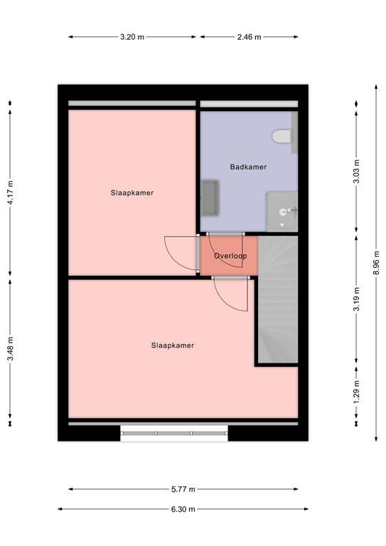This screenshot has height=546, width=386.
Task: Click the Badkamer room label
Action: tap(248, 167)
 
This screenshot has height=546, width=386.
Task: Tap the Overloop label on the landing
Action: tap(230, 256)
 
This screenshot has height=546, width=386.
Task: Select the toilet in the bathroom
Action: tap(282, 136)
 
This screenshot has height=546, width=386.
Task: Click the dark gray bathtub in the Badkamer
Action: tap(210, 198)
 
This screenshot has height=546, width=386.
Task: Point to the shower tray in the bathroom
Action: tap(282, 211)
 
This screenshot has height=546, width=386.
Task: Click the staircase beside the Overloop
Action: tap(278, 299)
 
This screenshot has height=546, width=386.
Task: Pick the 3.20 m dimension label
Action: tap(132, 37)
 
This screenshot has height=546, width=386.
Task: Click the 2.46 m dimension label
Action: tap(250, 37)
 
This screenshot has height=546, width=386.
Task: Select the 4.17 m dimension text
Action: tap(11, 193)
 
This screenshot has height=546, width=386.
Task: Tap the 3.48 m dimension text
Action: tap(11, 348)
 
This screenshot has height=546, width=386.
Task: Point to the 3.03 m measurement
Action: tap(356, 171)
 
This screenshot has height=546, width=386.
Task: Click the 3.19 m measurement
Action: tap(356, 299)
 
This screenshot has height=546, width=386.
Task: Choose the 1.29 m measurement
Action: tap(356, 392)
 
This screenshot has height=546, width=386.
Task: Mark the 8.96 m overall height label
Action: tap(376, 262)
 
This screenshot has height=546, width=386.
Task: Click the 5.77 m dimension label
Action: tap(183, 489)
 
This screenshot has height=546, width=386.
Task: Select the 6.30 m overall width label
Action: tap(183, 509)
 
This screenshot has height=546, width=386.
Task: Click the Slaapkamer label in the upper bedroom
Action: tap(132, 193)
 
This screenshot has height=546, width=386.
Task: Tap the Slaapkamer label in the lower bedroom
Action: tap(173, 346)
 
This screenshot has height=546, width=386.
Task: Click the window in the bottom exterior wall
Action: tap(174, 433)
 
